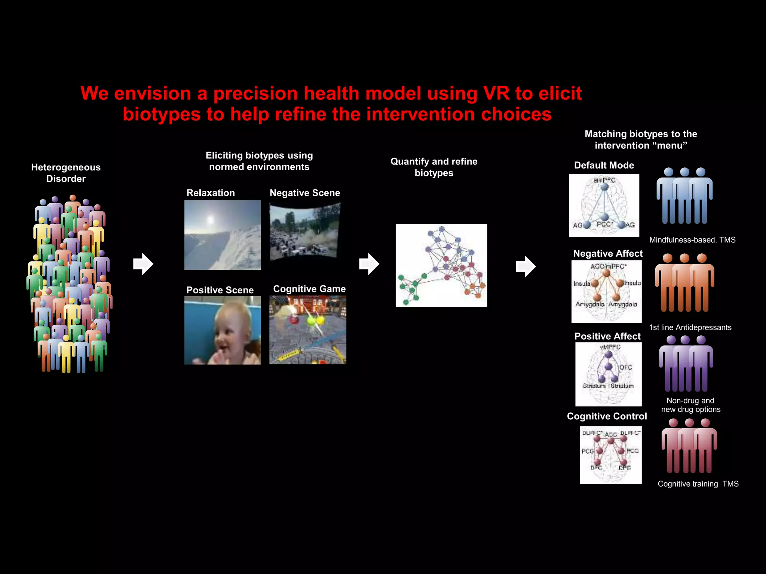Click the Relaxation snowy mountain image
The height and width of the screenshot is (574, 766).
[223, 235]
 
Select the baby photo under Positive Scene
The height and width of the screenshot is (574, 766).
[223, 330]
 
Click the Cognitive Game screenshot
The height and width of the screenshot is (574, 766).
[308, 330]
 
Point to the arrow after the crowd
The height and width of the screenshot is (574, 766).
[143, 264]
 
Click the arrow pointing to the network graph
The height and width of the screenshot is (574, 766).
[369, 264]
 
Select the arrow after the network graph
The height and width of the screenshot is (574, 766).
[526, 266]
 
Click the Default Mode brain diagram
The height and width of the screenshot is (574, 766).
[604, 205]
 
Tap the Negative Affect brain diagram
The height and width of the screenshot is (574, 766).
[606, 291]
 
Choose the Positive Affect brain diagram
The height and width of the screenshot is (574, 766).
[608, 374]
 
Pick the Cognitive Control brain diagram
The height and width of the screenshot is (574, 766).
[610, 455]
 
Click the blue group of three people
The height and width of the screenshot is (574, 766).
[684, 196]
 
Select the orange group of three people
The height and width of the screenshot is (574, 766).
[684, 283]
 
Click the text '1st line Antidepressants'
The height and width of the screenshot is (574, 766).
[690, 327]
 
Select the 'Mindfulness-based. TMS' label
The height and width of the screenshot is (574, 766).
[692, 240]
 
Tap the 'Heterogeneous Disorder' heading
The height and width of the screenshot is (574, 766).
[66, 173]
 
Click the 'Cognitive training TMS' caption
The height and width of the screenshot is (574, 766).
[698, 484]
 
